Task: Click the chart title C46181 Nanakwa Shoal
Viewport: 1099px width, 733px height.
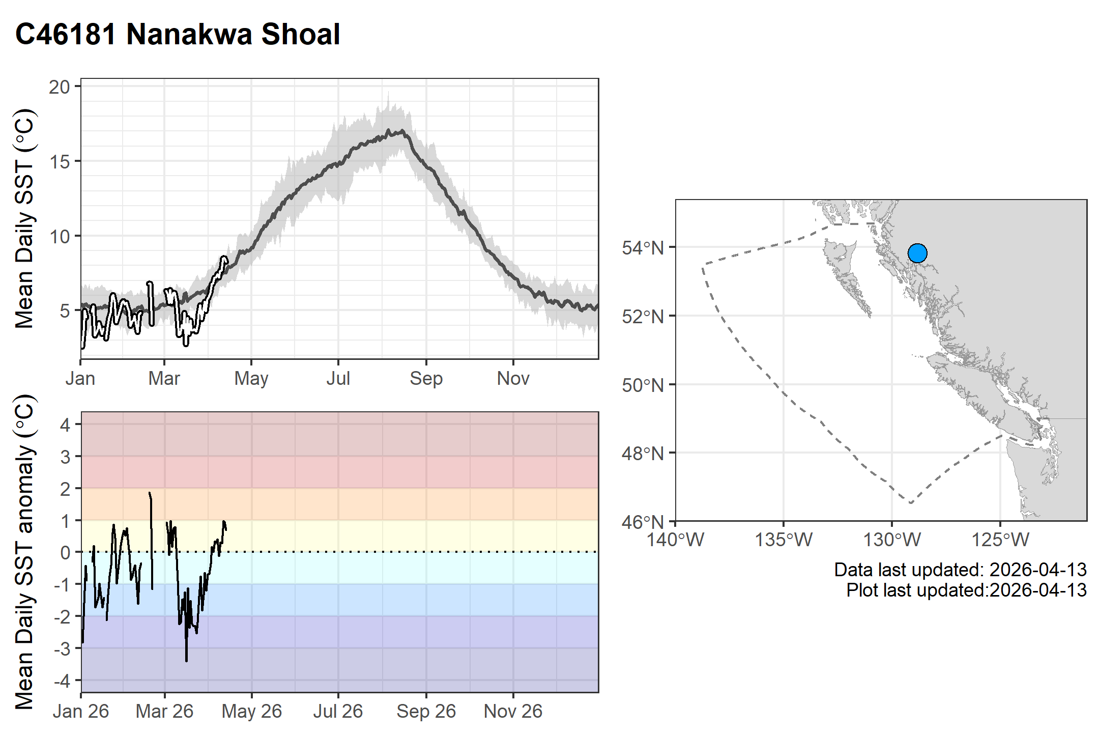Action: (178, 35)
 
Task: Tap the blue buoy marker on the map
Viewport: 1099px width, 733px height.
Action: (917, 253)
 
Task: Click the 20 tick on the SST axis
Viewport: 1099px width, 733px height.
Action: (59, 87)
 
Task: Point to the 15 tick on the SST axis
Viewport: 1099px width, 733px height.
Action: (59, 162)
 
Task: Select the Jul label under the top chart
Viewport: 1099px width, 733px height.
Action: (338, 379)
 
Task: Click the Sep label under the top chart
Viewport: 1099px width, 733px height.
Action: (426, 379)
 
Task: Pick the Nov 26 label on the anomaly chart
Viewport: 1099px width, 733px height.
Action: (513, 711)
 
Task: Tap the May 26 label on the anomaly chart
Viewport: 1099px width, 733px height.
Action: (251, 711)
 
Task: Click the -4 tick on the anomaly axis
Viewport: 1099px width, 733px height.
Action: (64, 681)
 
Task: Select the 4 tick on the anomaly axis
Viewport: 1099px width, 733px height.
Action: (66, 425)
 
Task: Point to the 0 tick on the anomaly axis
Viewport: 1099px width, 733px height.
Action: (66, 552)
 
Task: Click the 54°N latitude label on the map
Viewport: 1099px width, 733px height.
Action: (643, 248)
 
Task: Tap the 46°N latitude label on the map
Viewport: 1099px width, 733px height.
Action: (643, 522)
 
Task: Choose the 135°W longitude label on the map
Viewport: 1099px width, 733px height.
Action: (784, 540)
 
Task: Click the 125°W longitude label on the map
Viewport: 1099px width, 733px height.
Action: (1000, 540)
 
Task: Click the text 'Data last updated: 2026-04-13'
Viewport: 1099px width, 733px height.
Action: (960, 570)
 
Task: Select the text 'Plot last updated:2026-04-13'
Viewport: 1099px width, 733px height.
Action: (966, 590)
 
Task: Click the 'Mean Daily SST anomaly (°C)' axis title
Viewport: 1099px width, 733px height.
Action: (24, 552)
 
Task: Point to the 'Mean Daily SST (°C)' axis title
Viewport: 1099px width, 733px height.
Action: (24, 218)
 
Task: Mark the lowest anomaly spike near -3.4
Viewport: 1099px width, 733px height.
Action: (187, 660)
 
